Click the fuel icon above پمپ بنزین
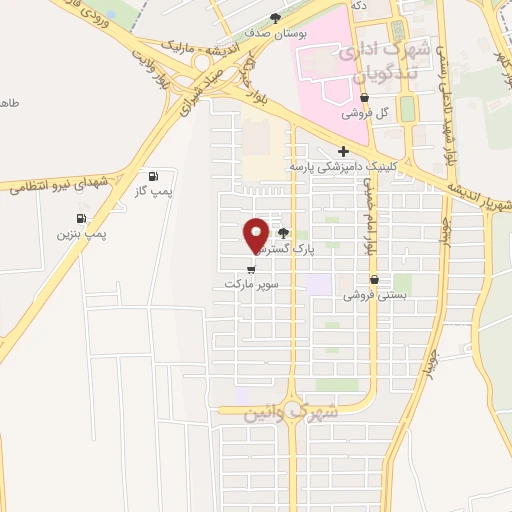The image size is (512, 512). (x=81, y=218)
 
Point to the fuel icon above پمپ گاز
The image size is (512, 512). (x=153, y=175)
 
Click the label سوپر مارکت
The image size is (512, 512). (x=250, y=284)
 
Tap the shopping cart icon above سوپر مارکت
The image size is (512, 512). (x=250, y=268)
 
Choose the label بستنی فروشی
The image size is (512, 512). (x=372, y=295)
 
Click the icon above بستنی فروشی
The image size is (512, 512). (x=374, y=280)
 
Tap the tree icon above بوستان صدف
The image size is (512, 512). (x=277, y=17)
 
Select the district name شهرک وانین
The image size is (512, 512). (x=290, y=412)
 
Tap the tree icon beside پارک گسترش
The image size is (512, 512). (x=295, y=232)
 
